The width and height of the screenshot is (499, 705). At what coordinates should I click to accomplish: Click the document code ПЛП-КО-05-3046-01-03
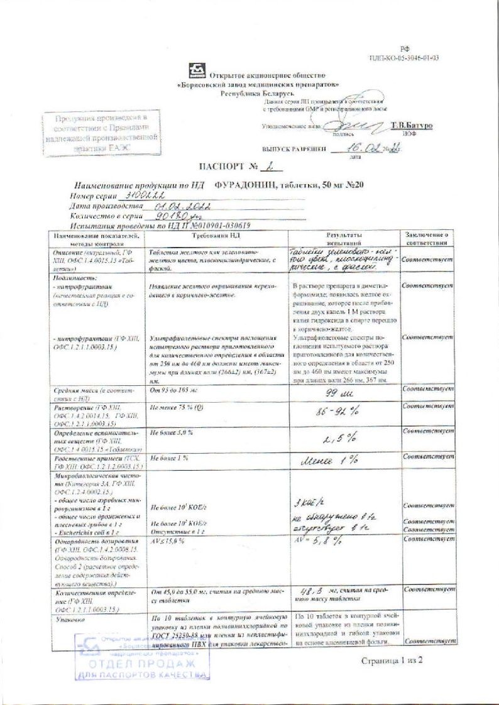(x=404, y=58)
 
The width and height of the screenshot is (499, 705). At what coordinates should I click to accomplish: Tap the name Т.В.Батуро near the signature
(x=412, y=126)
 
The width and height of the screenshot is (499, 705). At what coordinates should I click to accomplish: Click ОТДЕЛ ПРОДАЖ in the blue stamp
(x=142, y=664)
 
